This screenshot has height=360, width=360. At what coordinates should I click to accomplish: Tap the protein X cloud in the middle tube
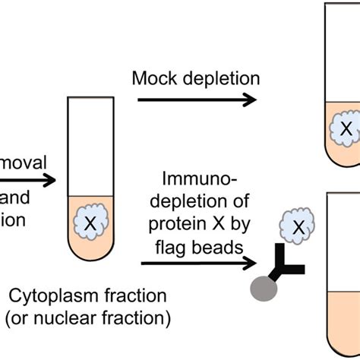(x=90, y=223)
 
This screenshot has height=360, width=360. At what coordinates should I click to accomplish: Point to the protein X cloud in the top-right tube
(x=346, y=130)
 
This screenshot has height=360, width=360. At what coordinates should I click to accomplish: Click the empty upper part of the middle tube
(x=89, y=144)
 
